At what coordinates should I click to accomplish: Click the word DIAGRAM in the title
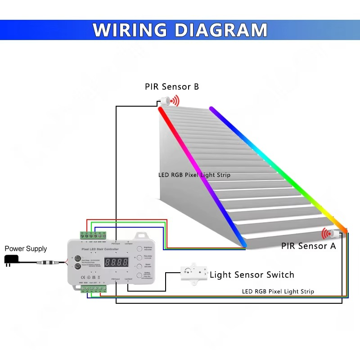tap(220, 30)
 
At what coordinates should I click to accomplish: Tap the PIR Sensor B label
tap(171, 86)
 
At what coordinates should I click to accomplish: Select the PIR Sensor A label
tap(308, 246)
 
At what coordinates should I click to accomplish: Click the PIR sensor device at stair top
tap(165, 101)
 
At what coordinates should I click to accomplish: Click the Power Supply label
tap(26, 248)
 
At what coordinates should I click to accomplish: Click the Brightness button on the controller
tap(139, 248)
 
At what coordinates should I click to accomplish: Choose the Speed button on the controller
tap(139, 266)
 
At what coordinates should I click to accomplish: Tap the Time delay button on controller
tap(139, 257)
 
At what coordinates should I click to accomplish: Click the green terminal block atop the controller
tap(93, 235)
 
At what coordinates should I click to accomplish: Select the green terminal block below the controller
tap(95, 289)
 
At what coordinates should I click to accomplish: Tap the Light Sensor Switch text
tap(252, 274)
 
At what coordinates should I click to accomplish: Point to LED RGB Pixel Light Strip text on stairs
tap(194, 175)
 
